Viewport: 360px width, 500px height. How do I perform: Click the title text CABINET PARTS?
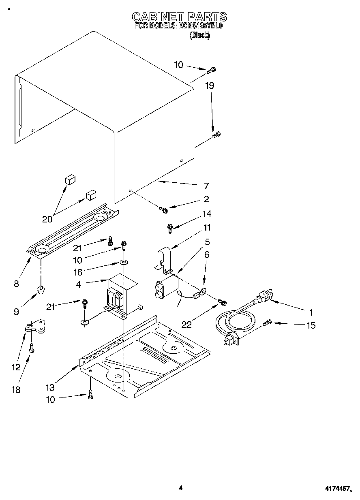pos(180,17)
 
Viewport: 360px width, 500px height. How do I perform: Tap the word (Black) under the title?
pos(199,35)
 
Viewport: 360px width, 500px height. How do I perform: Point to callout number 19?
pos(210,85)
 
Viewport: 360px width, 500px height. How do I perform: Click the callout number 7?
pos(206,186)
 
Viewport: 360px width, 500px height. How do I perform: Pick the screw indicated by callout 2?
pos(164,209)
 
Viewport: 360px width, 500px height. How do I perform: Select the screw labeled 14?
pos(170,229)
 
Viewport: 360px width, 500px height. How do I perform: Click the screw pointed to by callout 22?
pos(222,302)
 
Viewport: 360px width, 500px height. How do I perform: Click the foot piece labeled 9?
pos(41,290)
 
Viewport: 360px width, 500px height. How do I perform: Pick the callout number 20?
pos(47,219)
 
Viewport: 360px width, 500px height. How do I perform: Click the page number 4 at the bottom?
pos(181,488)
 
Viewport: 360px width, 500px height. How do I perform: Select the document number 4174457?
pos(337,489)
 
